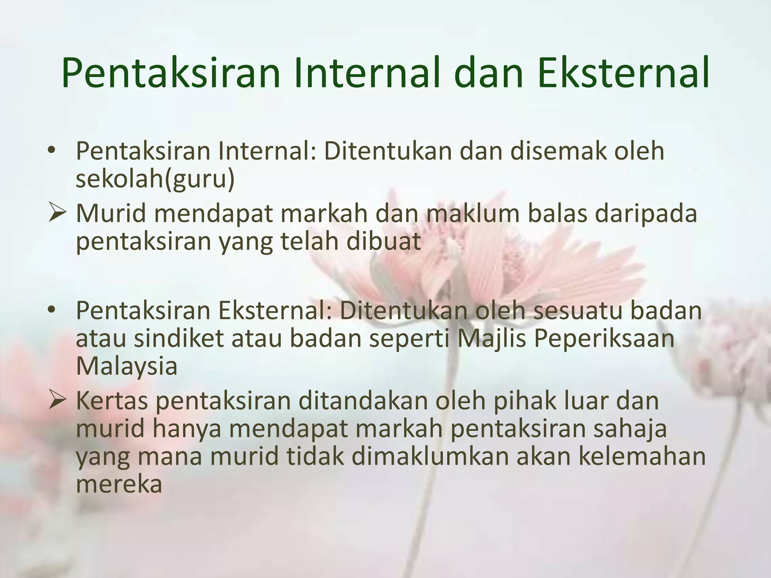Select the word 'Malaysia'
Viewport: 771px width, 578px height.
coord(126,366)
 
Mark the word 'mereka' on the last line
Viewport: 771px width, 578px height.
coord(119,484)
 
